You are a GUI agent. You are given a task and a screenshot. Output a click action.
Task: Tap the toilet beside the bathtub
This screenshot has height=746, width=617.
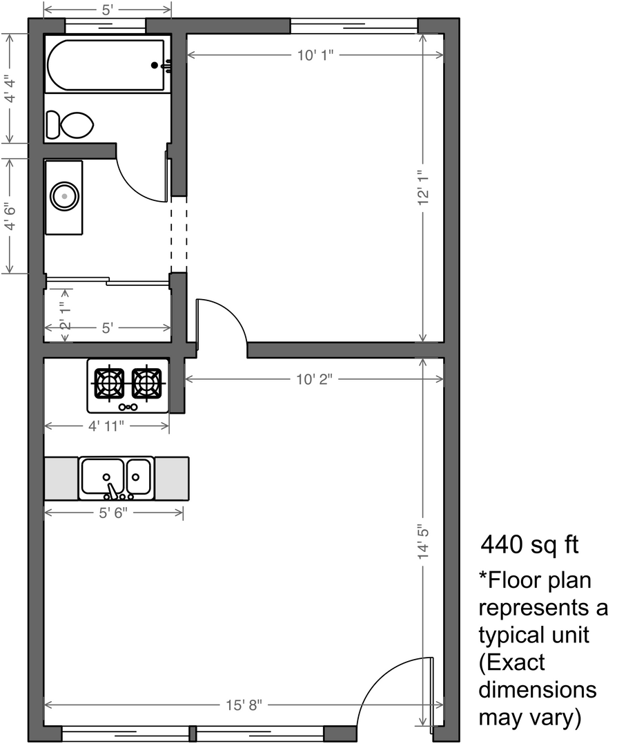pos(70,125)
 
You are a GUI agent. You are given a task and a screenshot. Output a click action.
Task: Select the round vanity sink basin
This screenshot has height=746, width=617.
pos(65,196)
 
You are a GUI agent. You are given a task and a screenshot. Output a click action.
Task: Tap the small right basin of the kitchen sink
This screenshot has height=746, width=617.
pos(139,476)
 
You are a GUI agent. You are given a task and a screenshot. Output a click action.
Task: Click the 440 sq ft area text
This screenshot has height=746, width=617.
pos(529,544)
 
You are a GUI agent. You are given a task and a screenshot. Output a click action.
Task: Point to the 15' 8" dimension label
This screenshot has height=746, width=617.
pos(244,705)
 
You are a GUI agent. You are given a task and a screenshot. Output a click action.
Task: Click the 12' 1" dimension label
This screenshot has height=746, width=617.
pos(423,188)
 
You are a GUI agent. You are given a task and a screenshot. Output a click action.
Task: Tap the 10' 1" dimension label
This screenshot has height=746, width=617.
pos(315,55)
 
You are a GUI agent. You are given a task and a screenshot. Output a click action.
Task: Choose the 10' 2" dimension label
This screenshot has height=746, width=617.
pos(314,380)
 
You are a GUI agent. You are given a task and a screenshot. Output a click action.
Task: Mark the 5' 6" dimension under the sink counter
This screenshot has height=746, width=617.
pos(113,513)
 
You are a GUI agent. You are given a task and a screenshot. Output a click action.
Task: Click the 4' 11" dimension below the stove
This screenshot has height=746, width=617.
pos(106,425)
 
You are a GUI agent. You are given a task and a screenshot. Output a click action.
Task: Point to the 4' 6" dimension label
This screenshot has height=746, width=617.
pos(10,218)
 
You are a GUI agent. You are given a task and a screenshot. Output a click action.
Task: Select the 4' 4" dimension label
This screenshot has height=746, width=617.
pos(10,89)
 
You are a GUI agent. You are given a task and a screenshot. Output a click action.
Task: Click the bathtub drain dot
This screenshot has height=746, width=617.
pos(155,65)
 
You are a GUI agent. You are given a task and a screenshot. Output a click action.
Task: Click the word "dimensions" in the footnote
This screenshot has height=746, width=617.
pos(538,690)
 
